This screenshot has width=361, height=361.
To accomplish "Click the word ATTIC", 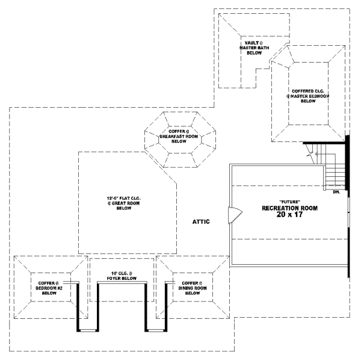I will [200, 222].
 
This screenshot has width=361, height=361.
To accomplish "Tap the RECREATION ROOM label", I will [289, 208].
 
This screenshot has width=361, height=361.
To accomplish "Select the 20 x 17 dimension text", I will [289, 215].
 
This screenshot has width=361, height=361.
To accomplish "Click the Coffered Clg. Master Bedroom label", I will [309, 96].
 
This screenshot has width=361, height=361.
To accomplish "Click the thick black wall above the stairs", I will [325, 143].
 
